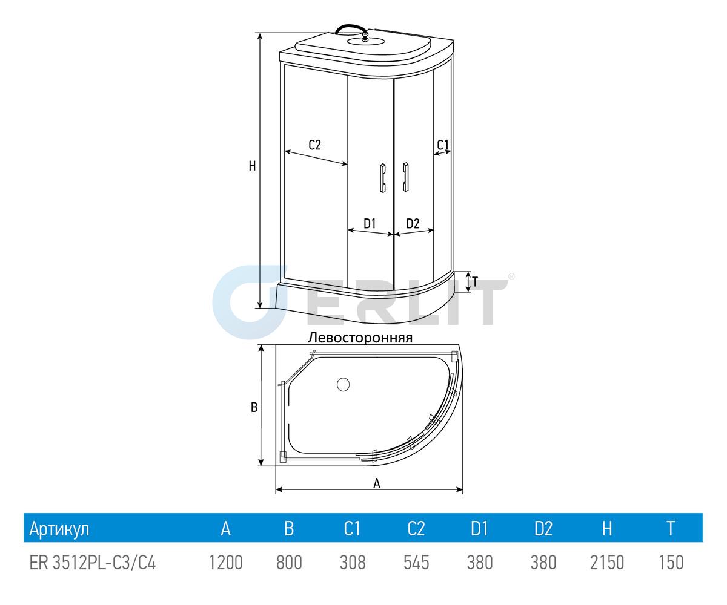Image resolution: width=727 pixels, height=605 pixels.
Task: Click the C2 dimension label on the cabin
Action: (x=314, y=145)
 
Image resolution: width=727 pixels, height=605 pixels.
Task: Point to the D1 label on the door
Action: (x=370, y=224)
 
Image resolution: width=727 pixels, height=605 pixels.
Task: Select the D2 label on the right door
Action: (x=413, y=224)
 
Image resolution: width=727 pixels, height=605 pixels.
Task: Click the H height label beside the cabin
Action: (x=253, y=166)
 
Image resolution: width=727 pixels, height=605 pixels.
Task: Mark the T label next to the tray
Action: (x=474, y=282)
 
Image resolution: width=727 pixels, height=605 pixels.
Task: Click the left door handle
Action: (x=383, y=178)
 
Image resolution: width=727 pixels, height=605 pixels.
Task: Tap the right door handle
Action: (x=406, y=177)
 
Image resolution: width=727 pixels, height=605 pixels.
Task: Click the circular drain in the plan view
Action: (x=343, y=385)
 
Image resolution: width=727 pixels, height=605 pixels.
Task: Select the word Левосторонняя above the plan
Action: (x=360, y=338)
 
